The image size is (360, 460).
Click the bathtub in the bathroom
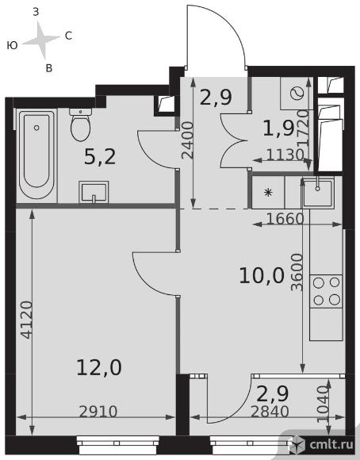[x=36, y=155]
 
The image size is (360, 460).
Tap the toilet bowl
[x=80, y=125]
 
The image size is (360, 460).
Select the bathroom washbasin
[x=94, y=192]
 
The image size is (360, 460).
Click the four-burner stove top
[x=326, y=291]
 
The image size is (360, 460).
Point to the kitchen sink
[x=318, y=193]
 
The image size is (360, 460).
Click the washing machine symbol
[x=297, y=94]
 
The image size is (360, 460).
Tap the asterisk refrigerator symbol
[x=268, y=193]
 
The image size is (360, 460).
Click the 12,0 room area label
[x=99, y=367]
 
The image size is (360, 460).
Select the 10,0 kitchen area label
[x=262, y=276]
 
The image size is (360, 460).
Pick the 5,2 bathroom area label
[x=100, y=156]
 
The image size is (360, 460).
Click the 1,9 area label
[x=278, y=128]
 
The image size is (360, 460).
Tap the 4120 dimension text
[x=27, y=320]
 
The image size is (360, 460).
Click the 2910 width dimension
[x=98, y=412]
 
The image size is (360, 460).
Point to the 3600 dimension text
[x=297, y=272]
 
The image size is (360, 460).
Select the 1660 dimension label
[x=285, y=219]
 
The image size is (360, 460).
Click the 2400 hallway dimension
[x=188, y=140]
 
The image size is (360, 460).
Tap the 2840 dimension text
[x=270, y=412]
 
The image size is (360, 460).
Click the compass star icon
[x=41, y=40]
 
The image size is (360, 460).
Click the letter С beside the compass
[x=68, y=36]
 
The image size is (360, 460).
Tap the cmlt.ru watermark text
[x=331, y=445]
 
